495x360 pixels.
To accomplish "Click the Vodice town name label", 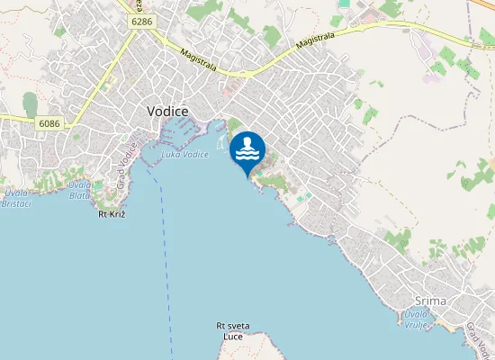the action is coord(167,111).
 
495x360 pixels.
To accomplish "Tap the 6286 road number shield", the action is coord(140,20).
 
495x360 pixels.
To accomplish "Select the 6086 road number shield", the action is coord(50,121).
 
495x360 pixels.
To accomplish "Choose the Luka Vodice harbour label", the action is coord(184,154).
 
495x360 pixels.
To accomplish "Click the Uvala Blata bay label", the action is coord(79,189).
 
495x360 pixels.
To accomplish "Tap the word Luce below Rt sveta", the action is coord(233,337).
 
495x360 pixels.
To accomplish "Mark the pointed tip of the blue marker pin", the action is coord(247,175).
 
